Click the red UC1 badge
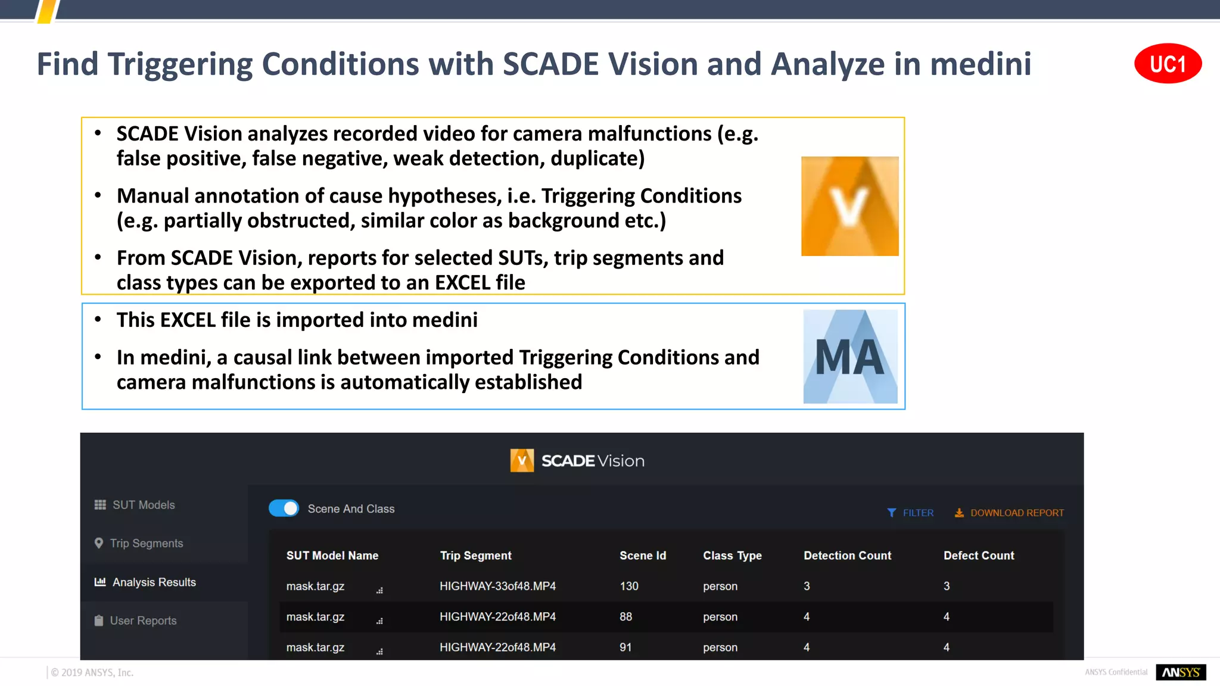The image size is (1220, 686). pyautogui.click(x=1168, y=64)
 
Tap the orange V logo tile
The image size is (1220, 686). pyautogui.click(x=849, y=206)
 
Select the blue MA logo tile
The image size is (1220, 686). pyautogui.click(x=850, y=357)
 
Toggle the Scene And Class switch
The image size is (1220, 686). pyautogui.click(x=284, y=509)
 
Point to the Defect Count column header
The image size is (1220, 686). pyautogui.click(x=978, y=556)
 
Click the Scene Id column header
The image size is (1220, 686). pyautogui.click(x=642, y=556)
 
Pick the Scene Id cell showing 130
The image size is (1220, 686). pyautogui.click(x=628, y=587)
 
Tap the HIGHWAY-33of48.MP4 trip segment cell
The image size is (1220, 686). pyautogui.click(x=497, y=587)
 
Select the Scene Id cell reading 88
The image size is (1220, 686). pyautogui.click(x=625, y=617)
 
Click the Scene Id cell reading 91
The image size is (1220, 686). pyautogui.click(x=625, y=647)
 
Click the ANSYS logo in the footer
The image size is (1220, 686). pyautogui.click(x=1180, y=672)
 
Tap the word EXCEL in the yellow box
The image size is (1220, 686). pyautogui.click(x=466, y=283)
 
